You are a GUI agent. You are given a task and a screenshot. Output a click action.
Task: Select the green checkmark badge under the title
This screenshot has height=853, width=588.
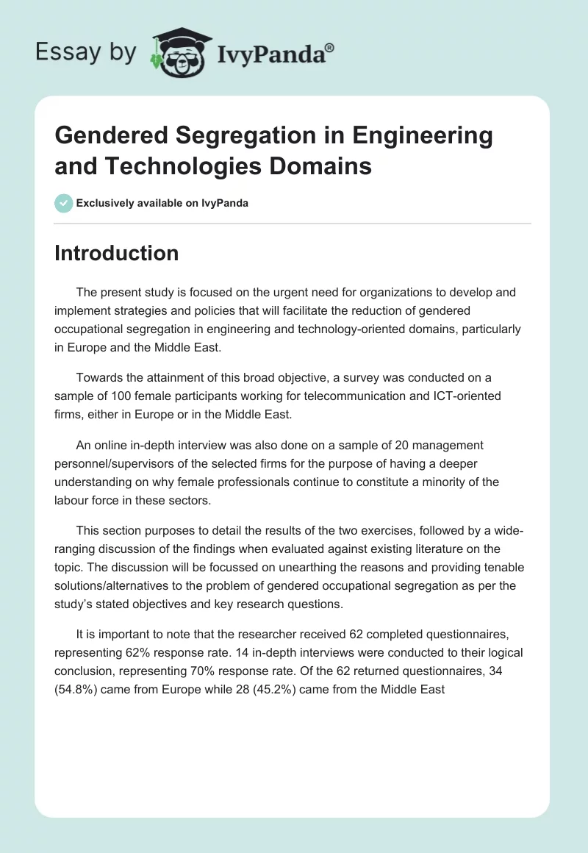click(64, 203)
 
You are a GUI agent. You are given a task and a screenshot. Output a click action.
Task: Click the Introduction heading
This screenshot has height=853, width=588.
click(116, 253)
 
